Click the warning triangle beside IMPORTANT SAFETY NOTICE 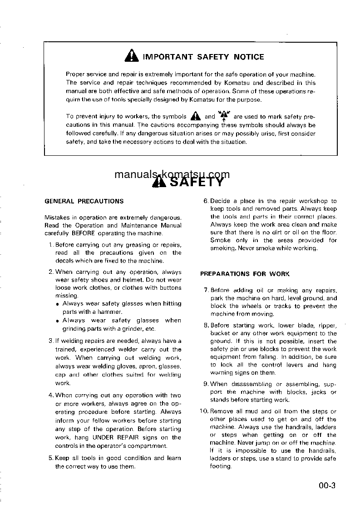[131, 56]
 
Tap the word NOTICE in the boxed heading [249, 57]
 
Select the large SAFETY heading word [197, 182]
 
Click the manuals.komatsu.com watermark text [172, 174]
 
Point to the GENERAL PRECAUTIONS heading [84, 201]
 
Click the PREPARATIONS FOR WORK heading [245, 274]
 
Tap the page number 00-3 [326, 486]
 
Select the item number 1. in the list [51, 245]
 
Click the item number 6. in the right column [205, 201]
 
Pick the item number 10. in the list [204, 411]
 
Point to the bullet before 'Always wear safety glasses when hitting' [58, 304]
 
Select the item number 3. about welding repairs [51, 341]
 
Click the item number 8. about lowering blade [206, 325]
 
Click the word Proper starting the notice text [75, 74]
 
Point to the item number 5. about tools [51, 458]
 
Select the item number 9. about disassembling [206, 384]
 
